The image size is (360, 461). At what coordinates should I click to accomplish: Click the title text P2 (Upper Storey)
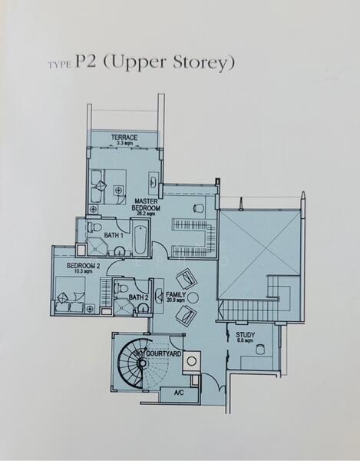tap(154, 62)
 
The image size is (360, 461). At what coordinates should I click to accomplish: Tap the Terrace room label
tap(124, 138)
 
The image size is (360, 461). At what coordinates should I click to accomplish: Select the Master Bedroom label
tap(146, 205)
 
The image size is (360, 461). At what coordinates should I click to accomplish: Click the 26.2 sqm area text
tap(146, 214)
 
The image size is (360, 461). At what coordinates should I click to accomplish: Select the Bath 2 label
tap(137, 297)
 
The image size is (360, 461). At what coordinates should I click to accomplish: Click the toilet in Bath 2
tap(123, 289)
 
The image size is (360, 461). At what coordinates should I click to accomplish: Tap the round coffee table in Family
tap(191, 297)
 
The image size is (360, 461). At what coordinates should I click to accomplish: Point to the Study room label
tap(245, 334)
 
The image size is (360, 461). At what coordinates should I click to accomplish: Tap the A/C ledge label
tap(177, 393)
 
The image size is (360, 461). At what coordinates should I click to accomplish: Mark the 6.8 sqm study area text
tap(245, 341)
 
